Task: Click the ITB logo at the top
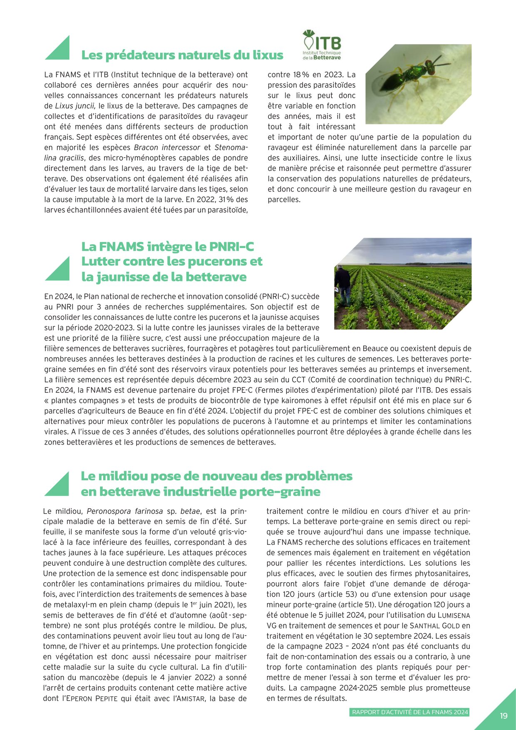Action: [322, 45]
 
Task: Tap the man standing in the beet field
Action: [343, 285]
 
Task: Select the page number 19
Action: [504, 715]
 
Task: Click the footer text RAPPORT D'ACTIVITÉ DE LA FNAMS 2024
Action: [410, 712]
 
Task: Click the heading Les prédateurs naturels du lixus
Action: [182, 55]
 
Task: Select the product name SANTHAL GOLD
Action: [434, 626]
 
